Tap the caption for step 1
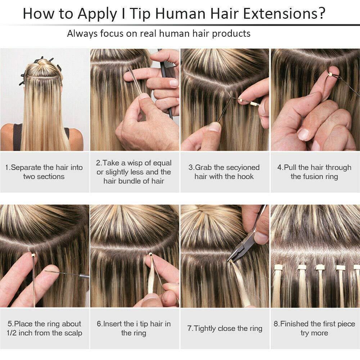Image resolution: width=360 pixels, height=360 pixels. coord(44,172)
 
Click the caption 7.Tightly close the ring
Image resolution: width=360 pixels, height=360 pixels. coord(225,328)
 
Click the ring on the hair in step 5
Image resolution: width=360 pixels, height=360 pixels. coord(34,256)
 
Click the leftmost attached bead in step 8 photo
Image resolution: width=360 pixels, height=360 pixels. coord(278,267)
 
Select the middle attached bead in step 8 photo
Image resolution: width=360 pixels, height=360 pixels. coord(320,267)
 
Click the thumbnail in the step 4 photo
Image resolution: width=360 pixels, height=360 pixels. coord(303,134)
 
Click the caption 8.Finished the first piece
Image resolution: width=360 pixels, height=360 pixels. coord(314,324)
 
